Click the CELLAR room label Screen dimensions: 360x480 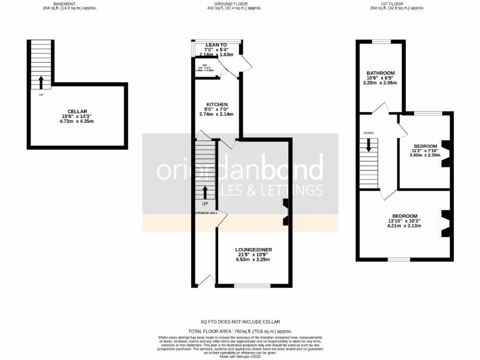[x=77, y=111]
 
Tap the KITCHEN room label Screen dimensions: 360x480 [x=217, y=104]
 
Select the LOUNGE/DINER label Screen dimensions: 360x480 [x=254, y=249]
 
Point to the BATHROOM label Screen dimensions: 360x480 [x=380, y=73]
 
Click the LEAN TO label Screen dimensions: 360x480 [x=216, y=45]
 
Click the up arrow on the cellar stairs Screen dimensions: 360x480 [x=41, y=82]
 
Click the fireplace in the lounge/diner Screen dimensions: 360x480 [x=285, y=212]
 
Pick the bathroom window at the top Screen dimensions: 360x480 [x=381, y=42]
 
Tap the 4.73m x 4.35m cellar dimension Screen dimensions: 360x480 [x=77, y=121]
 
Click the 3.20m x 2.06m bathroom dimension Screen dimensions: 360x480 [x=380, y=83]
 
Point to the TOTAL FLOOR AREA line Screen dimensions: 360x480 [x=240, y=331]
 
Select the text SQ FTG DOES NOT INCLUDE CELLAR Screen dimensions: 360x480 [x=240, y=322]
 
